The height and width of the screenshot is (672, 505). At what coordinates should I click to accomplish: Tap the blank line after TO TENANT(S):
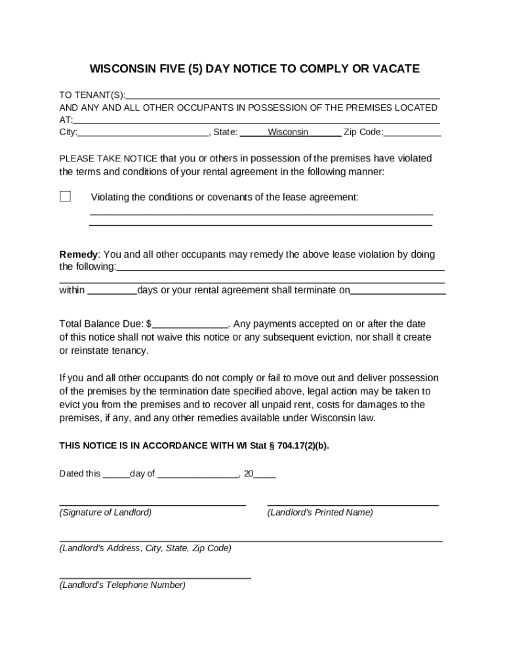pyautogui.click(x=283, y=95)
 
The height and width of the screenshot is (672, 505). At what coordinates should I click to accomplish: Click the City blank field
pyautogui.click(x=142, y=133)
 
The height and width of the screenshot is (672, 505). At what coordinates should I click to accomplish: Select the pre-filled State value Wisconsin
pyautogui.click(x=288, y=133)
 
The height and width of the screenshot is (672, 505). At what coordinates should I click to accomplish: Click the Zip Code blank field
pyautogui.click(x=413, y=133)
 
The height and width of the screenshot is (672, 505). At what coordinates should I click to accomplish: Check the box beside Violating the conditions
pyautogui.click(x=66, y=196)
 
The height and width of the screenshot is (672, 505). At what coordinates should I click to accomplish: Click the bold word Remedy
pyautogui.click(x=79, y=255)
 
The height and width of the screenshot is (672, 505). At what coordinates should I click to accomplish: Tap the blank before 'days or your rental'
pyautogui.click(x=111, y=291)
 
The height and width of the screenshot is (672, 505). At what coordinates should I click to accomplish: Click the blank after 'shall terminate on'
pyautogui.click(x=398, y=291)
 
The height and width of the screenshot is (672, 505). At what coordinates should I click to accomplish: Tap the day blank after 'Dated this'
pyautogui.click(x=116, y=474)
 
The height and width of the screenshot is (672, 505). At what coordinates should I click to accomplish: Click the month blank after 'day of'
pyautogui.click(x=198, y=474)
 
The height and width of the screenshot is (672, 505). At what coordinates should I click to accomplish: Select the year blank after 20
pyautogui.click(x=264, y=474)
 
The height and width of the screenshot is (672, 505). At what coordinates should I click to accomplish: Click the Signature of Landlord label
pyautogui.click(x=106, y=513)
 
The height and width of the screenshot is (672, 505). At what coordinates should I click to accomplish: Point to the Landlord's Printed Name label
pyautogui.click(x=320, y=513)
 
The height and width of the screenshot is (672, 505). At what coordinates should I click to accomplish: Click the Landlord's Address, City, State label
pyautogui.click(x=145, y=548)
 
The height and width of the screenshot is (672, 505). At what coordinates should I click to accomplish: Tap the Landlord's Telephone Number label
pyautogui.click(x=123, y=585)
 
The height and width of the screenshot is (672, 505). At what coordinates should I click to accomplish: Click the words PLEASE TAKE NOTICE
pyautogui.click(x=108, y=159)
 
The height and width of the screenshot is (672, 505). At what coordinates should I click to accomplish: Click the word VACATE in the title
pyautogui.click(x=396, y=69)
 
